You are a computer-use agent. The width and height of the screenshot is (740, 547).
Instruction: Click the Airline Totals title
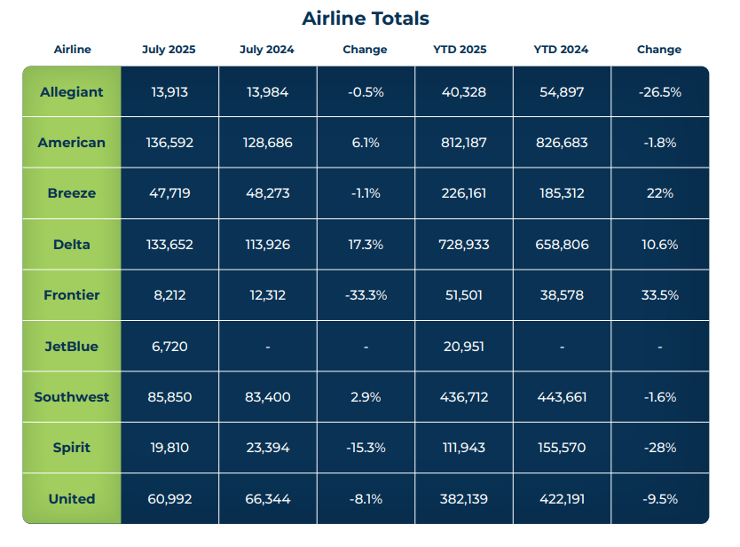point(365,19)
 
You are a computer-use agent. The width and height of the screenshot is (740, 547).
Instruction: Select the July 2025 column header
point(169,50)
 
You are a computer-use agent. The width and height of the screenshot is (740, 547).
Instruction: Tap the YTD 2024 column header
point(561,50)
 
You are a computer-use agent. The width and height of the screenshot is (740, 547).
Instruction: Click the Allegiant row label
point(72,91)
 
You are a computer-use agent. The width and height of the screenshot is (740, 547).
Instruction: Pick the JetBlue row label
point(72,346)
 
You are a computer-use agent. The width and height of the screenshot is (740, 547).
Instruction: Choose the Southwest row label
point(72,396)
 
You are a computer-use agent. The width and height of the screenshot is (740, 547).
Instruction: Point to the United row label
point(72,498)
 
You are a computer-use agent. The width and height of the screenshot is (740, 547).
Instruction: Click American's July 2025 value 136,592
point(169,143)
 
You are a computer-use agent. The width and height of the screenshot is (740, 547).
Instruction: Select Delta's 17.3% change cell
point(365,244)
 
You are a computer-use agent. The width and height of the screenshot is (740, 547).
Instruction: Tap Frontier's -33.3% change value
point(365,295)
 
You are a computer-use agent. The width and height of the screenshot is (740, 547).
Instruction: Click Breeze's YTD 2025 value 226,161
point(463,193)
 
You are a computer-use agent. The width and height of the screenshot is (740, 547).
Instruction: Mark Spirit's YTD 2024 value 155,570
point(561,448)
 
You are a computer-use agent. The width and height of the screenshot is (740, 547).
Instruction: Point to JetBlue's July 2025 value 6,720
point(169,346)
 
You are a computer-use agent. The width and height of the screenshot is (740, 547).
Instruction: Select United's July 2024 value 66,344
point(267,498)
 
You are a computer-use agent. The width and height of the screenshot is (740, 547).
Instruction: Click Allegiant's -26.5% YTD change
point(659,91)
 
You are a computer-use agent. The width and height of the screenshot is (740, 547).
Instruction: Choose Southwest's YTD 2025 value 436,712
point(463,396)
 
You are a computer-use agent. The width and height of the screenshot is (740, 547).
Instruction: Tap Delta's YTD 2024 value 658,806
point(561,244)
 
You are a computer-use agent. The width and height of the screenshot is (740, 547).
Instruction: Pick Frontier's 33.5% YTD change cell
point(659,295)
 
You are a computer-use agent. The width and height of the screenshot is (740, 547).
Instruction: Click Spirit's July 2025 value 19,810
point(169,448)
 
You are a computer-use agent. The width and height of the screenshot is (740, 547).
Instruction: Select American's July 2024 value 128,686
point(267,143)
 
